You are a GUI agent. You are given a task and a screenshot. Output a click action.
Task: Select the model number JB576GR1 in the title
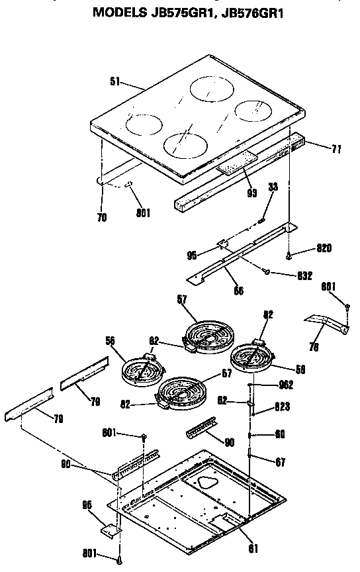point(251,11)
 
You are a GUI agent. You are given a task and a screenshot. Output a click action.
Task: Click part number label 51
point(115,82)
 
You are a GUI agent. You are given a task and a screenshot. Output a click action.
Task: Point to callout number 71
point(336,150)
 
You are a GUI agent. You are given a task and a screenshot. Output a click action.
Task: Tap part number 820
point(324,248)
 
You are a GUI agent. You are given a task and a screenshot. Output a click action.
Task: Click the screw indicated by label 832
point(265,270)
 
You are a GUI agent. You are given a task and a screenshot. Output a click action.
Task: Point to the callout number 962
point(286,385)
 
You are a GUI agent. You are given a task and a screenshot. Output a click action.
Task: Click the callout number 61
point(254,548)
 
